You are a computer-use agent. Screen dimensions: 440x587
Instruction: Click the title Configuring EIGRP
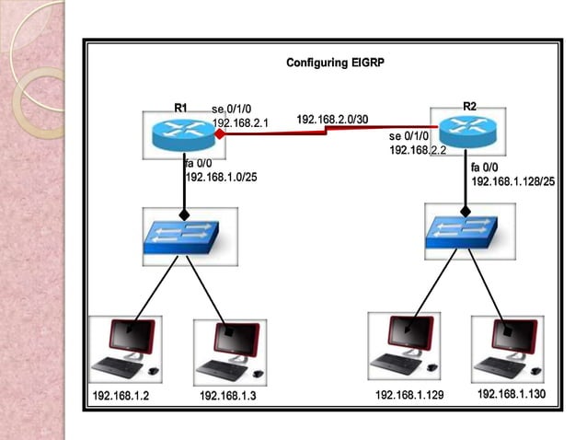tap(335, 64)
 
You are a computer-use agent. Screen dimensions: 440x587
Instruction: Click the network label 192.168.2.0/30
tap(332, 120)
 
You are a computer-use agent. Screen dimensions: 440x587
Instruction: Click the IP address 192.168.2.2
tap(417, 149)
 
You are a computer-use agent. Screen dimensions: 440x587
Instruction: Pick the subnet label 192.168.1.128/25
tap(512, 182)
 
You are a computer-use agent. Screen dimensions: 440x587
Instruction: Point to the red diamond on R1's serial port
tap(221, 134)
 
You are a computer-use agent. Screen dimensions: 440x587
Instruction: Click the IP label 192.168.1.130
tap(511, 394)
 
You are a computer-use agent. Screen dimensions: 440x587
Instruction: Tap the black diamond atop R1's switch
tap(184, 214)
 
